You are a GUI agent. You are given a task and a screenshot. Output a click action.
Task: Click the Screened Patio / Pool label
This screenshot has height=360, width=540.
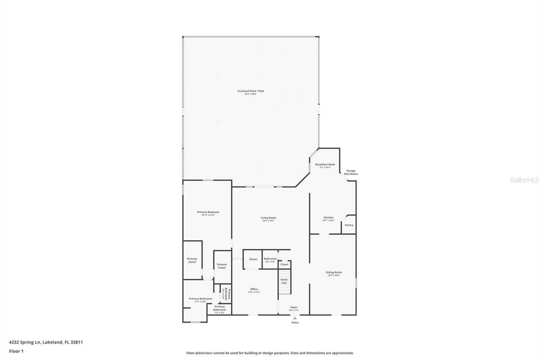pyautogui.click(x=250, y=92)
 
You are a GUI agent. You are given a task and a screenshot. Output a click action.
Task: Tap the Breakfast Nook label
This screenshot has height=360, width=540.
pyautogui.click(x=325, y=165)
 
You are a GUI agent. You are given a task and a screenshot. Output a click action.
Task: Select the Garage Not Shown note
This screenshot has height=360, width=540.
pyautogui.click(x=351, y=172)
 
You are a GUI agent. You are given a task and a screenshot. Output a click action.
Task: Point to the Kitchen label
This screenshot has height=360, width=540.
pyautogui.click(x=328, y=218)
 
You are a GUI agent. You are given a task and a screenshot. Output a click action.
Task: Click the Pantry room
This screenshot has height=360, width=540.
pyautogui.click(x=349, y=225)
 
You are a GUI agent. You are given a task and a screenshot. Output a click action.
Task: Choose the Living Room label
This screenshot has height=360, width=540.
pyautogui.click(x=268, y=219)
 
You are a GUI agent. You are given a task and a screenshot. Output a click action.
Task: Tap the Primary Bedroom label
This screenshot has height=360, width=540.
pyautogui.click(x=208, y=213)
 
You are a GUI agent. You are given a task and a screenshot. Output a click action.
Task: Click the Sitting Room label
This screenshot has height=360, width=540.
pyautogui.click(x=333, y=273)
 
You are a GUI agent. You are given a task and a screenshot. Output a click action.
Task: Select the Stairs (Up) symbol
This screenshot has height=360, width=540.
pyautogui.click(x=284, y=281)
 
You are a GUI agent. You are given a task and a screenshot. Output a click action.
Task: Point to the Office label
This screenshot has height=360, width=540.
pyautogui.click(x=254, y=290)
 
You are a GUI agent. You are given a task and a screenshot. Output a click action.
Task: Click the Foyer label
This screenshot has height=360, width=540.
pyautogui.click(x=294, y=308)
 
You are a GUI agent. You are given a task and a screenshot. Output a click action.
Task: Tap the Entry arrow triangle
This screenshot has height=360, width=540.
pyautogui.click(x=295, y=318)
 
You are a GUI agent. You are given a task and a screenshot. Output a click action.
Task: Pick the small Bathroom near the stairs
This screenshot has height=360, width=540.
pyautogui.click(x=270, y=260)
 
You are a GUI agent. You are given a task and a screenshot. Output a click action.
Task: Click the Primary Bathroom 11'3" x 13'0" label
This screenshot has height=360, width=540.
pyautogui.click(x=200, y=300)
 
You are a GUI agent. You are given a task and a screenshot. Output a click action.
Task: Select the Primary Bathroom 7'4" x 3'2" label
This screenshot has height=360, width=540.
pyautogui.click(x=219, y=309)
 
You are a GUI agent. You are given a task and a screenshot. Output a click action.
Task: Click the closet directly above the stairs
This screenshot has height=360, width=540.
pyautogui.click(x=284, y=264)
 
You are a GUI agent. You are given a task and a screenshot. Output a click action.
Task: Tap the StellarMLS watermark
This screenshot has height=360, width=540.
pyautogui.click(x=524, y=180)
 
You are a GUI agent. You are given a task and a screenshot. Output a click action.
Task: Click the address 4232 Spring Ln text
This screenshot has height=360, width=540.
pyautogui.click(x=46, y=342)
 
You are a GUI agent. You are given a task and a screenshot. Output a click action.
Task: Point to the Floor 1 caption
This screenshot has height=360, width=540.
pyautogui.click(x=16, y=351)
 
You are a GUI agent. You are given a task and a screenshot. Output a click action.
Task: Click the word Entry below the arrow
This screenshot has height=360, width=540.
pyautogui.click(x=295, y=323)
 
